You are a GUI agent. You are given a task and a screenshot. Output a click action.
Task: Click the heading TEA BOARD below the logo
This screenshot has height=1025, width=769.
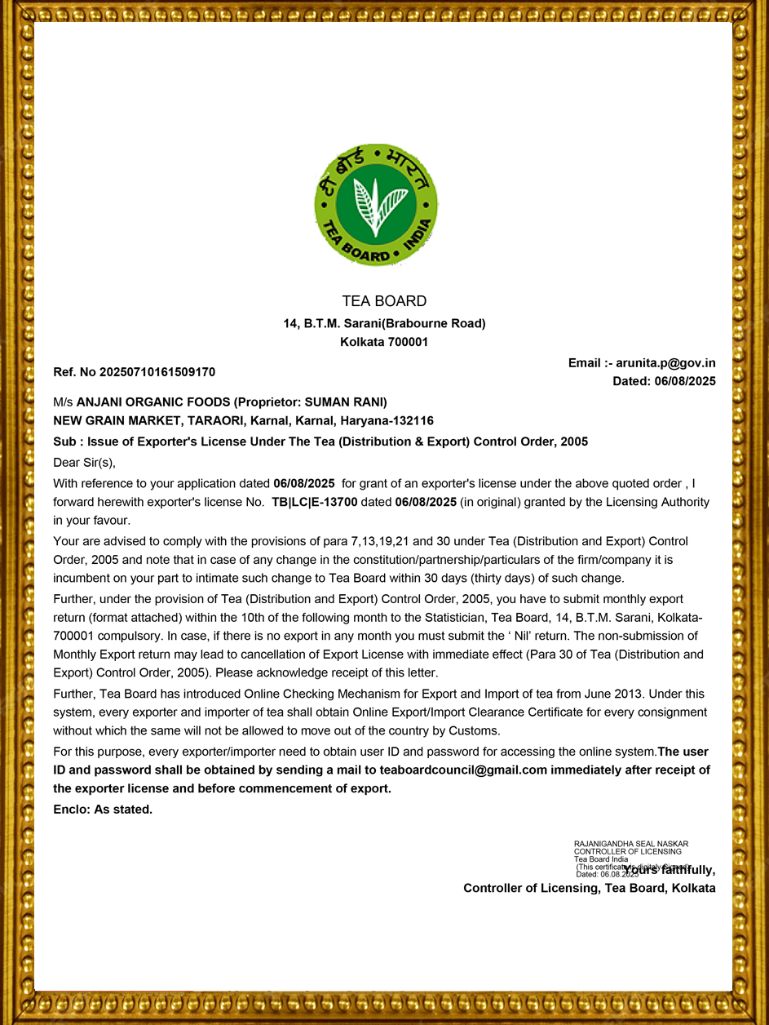[384, 301]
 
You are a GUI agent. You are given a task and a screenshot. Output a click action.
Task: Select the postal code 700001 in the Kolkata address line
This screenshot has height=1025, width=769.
[407, 342]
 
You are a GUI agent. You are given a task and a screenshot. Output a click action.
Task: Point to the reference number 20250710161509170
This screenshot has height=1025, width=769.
[157, 372]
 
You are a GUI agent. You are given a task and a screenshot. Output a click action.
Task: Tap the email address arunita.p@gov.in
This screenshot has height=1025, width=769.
[665, 363]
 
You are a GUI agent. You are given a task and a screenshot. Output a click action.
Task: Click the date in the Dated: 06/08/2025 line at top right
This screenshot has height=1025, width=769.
[685, 381]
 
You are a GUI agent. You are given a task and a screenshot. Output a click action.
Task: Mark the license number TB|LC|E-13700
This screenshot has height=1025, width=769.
[315, 502]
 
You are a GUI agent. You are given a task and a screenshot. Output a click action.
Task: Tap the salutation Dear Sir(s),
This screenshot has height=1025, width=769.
[85, 463]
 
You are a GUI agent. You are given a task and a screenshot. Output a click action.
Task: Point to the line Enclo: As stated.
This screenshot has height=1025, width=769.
[103, 810]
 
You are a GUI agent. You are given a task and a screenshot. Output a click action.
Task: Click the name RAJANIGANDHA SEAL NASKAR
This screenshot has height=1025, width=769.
[631, 844]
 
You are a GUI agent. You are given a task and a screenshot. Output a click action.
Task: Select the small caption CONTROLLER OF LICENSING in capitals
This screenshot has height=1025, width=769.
[628, 851]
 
